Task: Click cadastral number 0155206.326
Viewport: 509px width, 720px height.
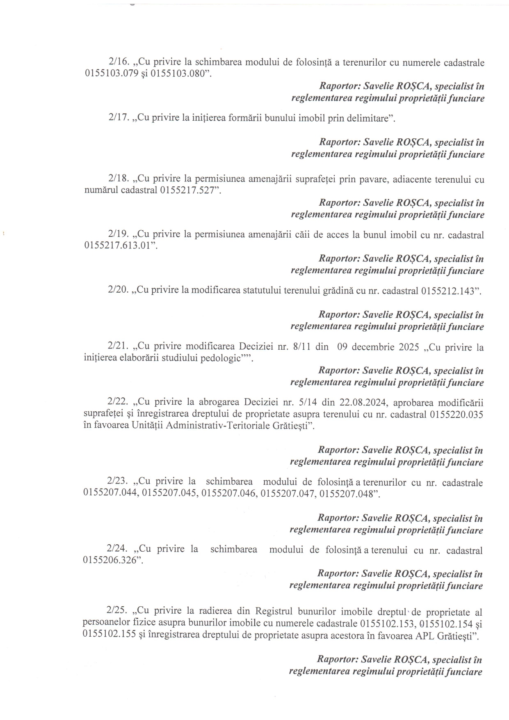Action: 109,561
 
